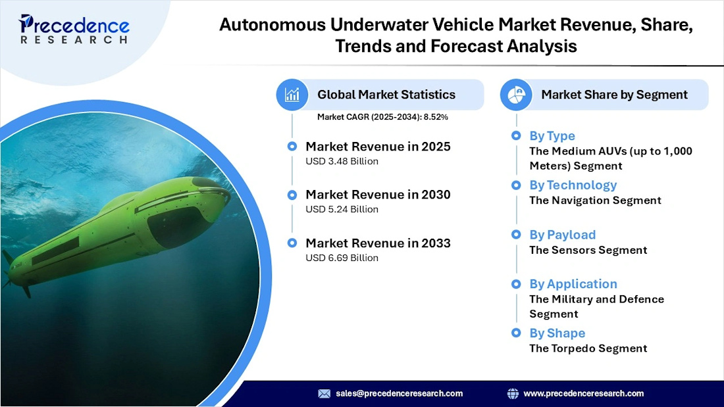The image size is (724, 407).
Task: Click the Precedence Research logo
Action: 74,30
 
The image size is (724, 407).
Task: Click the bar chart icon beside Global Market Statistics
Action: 292,95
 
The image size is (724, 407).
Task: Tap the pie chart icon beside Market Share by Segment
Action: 516,95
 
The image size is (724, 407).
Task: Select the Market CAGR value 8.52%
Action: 435,117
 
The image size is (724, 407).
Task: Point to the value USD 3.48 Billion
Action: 342,161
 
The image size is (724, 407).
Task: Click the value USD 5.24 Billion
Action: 342,209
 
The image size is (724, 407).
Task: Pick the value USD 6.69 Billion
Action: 342,258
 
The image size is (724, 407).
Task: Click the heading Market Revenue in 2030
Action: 378,195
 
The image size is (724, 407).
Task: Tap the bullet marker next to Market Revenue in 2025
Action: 292,146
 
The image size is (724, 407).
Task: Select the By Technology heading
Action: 573,185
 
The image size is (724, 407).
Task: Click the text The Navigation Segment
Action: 595,200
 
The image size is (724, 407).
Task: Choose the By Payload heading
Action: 562,235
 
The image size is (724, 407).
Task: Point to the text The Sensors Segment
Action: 588,250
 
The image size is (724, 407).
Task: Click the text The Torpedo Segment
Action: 588,348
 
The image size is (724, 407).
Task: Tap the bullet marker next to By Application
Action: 516,284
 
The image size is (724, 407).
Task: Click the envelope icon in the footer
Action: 324,393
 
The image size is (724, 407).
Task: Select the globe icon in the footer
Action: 513,393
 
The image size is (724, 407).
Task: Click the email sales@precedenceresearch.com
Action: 399,393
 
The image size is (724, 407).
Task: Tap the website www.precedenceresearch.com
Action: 583,393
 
